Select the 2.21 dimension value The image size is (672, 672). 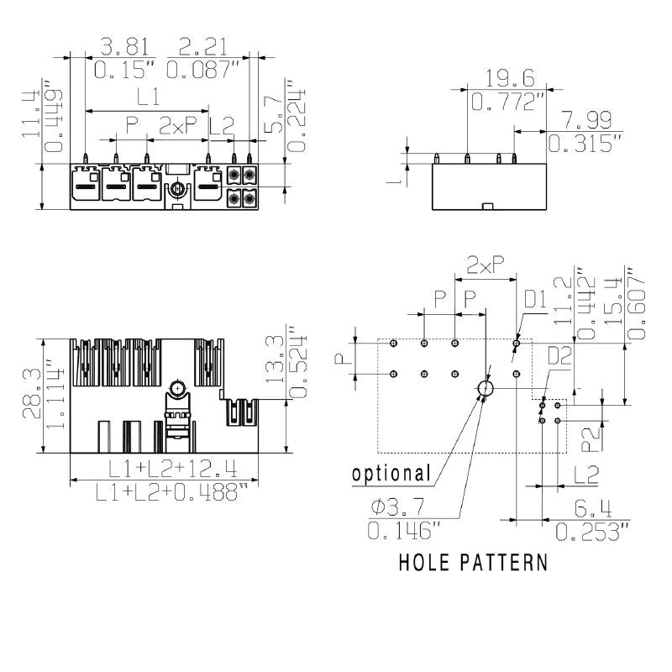click(x=202, y=46)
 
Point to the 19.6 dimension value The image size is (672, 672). click(x=510, y=78)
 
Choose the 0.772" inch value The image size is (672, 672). click(x=508, y=102)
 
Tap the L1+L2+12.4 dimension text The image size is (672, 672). click(x=160, y=468)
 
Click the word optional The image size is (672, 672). click(x=391, y=474)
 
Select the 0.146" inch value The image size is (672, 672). click(x=403, y=530)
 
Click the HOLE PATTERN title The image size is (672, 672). click(x=473, y=562)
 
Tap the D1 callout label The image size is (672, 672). click(x=535, y=298)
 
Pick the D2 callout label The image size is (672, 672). click(x=560, y=357)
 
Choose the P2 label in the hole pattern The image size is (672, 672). click(x=591, y=436)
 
